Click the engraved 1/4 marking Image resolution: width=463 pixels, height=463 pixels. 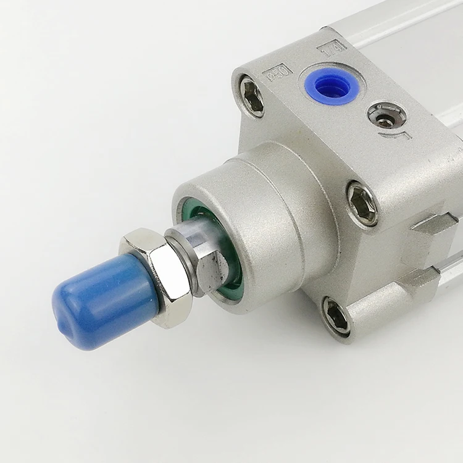pyautogui.click(x=332, y=44)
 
